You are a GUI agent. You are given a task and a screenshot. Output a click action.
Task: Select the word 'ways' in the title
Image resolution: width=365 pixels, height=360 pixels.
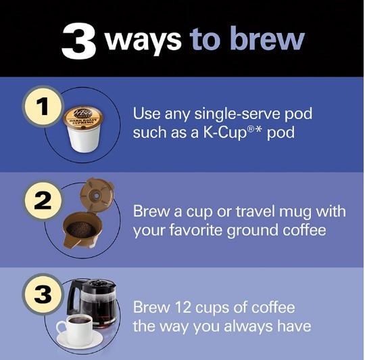pos(143,39)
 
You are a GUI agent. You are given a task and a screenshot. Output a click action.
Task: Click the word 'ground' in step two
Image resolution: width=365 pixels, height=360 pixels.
pos(248,230)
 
